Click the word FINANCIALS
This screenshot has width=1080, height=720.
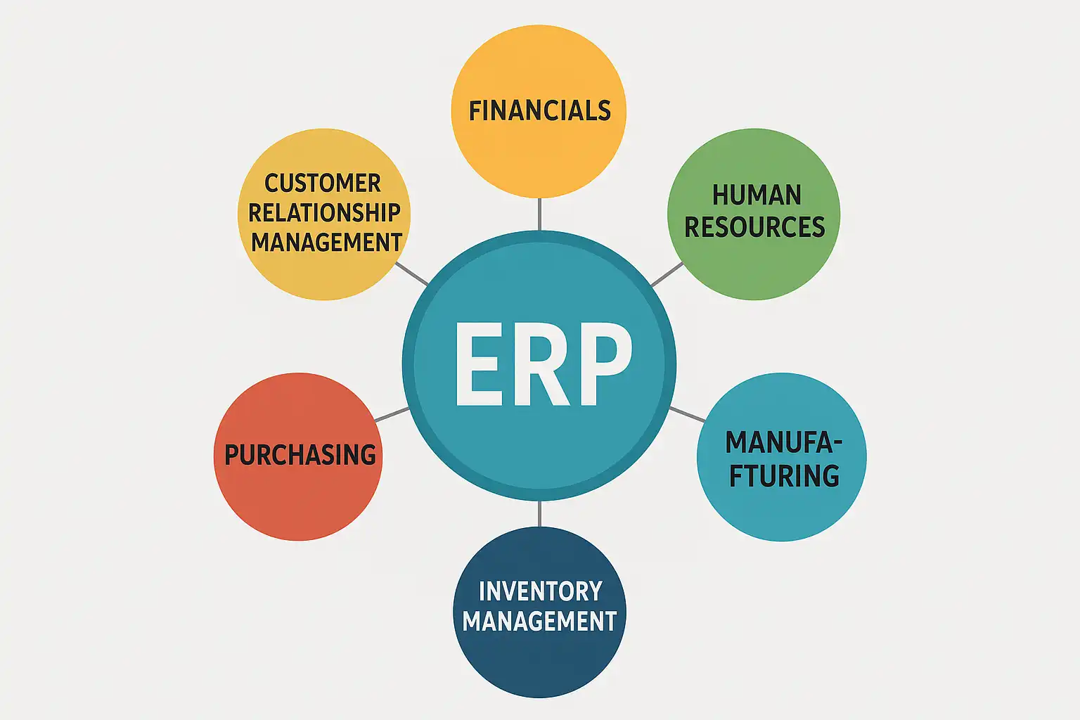[539, 111]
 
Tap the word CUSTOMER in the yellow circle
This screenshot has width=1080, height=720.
[323, 184]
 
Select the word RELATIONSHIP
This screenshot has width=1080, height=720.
[324, 212]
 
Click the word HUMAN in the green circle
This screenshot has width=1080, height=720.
[757, 195]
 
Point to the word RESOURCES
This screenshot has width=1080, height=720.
[754, 227]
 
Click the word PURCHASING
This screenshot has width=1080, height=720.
[300, 455]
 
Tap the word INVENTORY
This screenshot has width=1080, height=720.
[540, 591]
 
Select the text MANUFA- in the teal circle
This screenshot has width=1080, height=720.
[783, 443]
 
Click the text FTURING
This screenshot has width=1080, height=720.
[784, 476]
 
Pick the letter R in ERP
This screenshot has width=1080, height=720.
[541, 364]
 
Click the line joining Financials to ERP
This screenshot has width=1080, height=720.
[539, 214]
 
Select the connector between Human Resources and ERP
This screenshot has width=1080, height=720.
[667, 275]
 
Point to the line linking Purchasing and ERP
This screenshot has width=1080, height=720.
[392, 414]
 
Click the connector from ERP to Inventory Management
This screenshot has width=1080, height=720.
[539, 514]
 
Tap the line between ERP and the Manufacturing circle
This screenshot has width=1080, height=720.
[687, 414]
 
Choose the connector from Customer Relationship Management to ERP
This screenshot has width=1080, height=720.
[412, 274]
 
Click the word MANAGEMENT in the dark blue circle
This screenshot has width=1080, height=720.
[540, 622]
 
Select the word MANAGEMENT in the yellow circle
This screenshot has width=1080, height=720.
[327, 243]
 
